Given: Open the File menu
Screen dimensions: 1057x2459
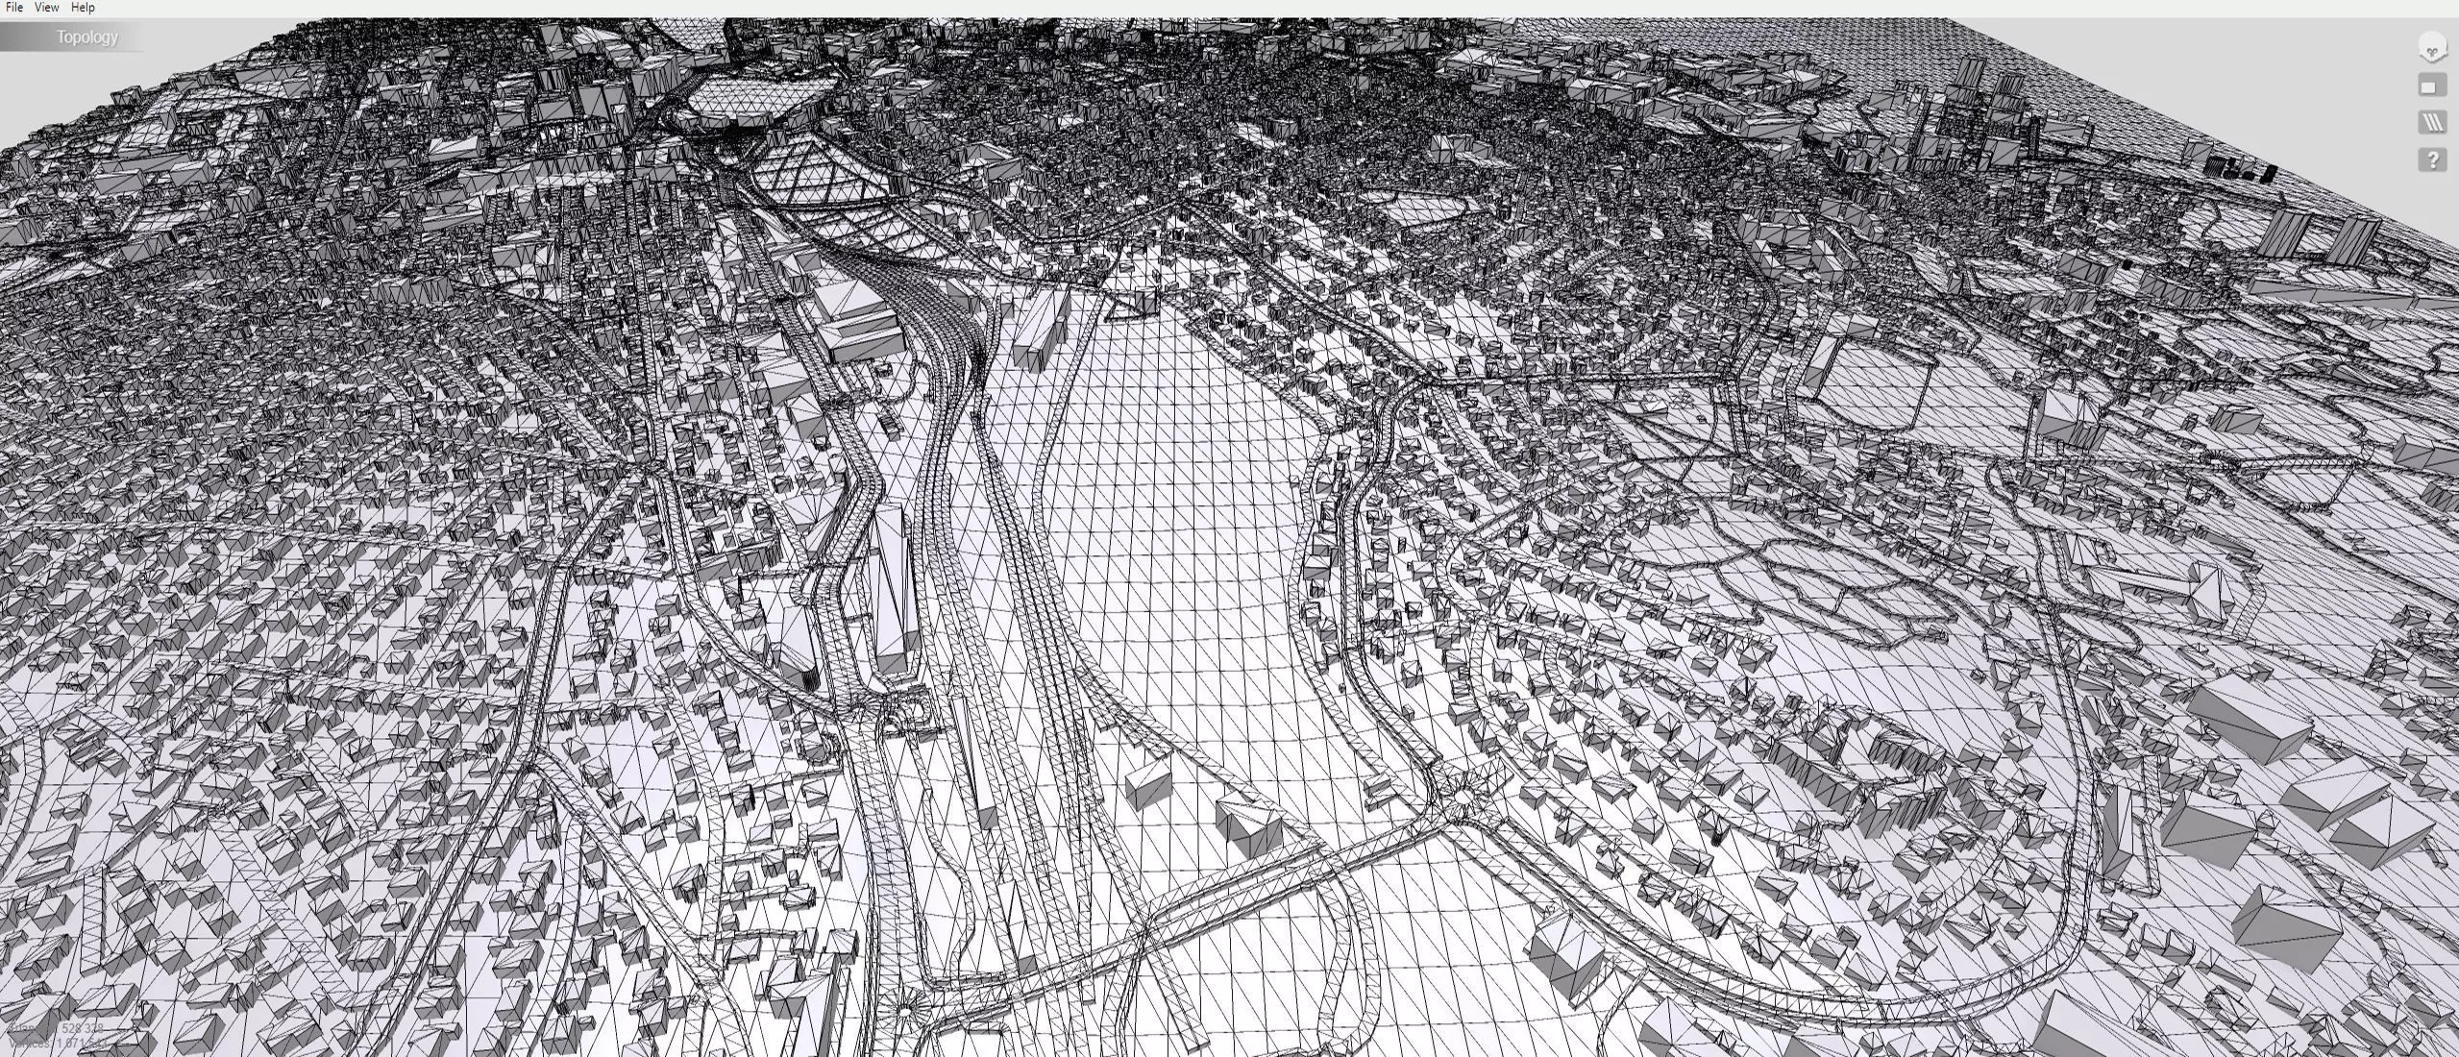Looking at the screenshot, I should tap(14, 8).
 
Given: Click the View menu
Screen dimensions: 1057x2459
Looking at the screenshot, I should tap(46, 8).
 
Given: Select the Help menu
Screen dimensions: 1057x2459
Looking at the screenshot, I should tap(83, 8).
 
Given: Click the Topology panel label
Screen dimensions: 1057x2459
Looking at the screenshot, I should tap(86, 37).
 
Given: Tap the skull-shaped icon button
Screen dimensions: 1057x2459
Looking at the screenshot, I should tap(2431, 49).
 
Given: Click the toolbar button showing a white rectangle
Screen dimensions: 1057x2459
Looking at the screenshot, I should tap(2431, 86).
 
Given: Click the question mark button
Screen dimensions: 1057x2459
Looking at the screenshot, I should tap(2431, 160).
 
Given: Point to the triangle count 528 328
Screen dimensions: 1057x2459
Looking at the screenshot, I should tap(81, 1028).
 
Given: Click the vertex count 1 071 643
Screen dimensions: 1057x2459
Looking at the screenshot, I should tap(81, 1043).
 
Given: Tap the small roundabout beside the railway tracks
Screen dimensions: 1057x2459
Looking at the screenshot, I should tap(904, 1010).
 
